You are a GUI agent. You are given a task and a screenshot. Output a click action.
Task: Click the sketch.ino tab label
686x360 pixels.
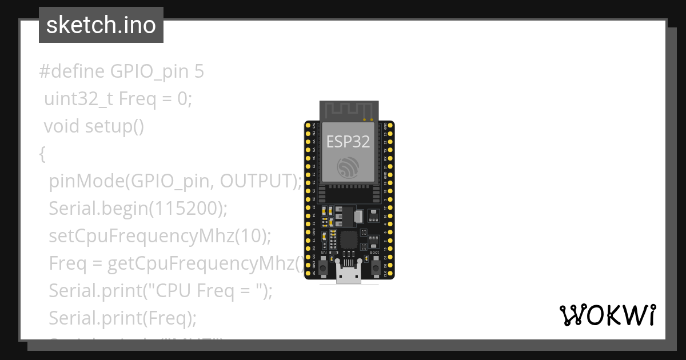point(101,25)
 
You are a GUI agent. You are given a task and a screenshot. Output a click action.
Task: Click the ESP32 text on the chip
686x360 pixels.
point(348,141)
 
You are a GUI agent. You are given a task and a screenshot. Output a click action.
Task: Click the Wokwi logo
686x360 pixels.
point(607,315)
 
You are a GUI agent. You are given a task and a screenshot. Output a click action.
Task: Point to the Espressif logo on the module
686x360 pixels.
point(348,166)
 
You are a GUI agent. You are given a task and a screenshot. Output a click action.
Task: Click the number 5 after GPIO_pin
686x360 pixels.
point(198,71)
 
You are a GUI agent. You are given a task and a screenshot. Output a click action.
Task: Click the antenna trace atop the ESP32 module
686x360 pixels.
point(349,111)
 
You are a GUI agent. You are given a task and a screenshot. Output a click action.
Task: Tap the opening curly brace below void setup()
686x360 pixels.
point(42,154)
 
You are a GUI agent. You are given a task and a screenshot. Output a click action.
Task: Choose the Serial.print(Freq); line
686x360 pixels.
point(122,318)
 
